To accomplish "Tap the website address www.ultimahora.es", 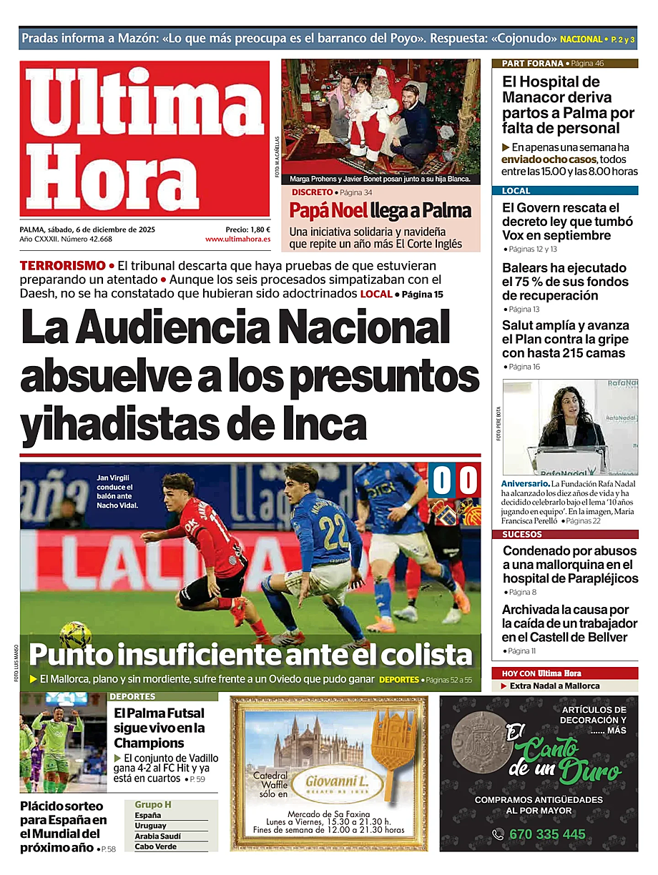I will pyautogui.click(x=237, y=239).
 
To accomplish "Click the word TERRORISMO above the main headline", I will pyautogui.click(x=62, y=265).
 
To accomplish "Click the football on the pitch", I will pyautogui.click(x=74, y=635).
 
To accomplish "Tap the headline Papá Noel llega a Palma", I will pyautogui.click(x=380, y=211).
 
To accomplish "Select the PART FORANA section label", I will pyautogui.click(x=533, y=64).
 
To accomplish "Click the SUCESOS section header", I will pyautogui.click(x=522, y=535).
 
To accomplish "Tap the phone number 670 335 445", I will pyautogui.click(x=547, y=834).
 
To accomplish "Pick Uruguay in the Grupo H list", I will pyautogui.click(x=150, y=826).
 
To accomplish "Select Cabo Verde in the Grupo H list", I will pyautogui.click(x=155, y=846).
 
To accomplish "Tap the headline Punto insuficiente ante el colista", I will pyautogui.click(x=250, y=655).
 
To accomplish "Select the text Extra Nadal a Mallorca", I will pyautogui.click(x=554, y=686).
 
